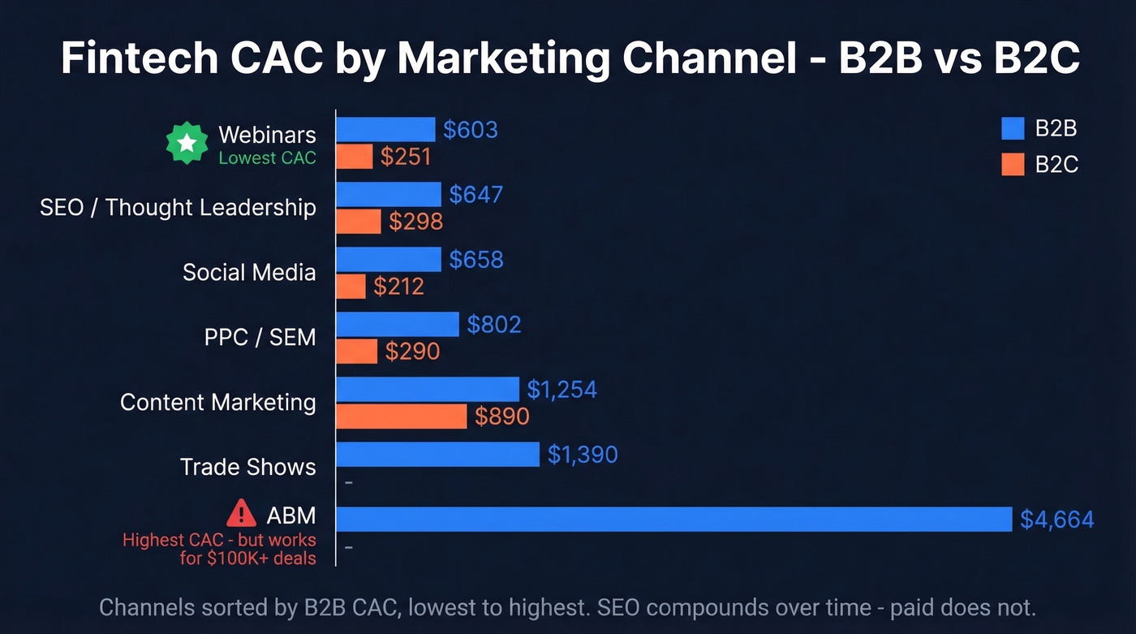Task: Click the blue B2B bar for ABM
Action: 673,519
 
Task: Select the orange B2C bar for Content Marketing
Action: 402,416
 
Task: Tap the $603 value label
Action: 471,130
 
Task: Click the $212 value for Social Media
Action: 398,286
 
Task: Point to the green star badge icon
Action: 187,144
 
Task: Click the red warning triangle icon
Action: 241,513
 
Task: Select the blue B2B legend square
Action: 1013,129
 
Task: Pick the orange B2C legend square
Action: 1013,164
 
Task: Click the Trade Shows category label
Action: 247,467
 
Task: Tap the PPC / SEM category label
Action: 260,337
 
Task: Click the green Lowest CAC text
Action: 267,158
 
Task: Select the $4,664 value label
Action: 1057,519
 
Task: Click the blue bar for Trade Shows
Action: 438,454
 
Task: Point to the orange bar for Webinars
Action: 355,157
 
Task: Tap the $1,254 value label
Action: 562,390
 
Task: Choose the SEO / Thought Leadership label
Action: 178,207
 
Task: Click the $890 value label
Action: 501,416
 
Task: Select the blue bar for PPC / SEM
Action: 398,325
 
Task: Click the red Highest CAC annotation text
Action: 219,549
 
